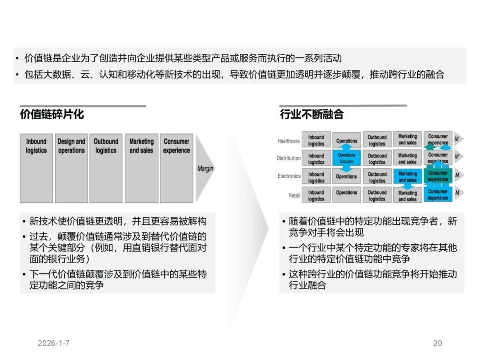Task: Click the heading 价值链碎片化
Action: coord(52,114)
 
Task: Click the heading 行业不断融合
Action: coord(312,114)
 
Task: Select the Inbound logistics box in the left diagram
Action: coord(36,168)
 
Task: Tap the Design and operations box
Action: coord(71,168)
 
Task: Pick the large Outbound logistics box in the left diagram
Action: coord(106,168)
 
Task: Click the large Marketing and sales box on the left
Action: coord(141,168)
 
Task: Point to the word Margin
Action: coord(205,169)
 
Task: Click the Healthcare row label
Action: coord(288,141)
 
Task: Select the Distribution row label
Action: coord(288,158)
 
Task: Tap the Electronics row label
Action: coord(289,176)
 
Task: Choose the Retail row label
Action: coord(294,195)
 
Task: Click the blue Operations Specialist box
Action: coord(346,158)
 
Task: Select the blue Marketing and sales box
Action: coord(408,177)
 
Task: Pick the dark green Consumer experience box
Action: coord(438,176)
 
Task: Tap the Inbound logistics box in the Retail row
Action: coord(316,196)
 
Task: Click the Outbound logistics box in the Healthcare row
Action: coord(377,140)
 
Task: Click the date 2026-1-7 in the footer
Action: coord(54,343)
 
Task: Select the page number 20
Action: coord(437,343)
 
